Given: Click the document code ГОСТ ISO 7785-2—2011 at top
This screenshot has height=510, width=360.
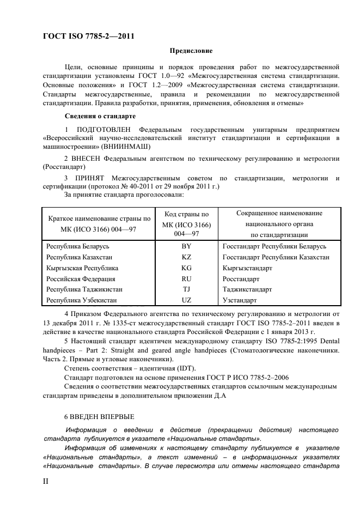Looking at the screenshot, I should (x=88, y=37).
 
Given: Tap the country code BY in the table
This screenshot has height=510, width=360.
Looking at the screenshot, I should (x=186, y=247).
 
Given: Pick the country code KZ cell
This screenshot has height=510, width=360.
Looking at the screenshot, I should (x=186, y=257).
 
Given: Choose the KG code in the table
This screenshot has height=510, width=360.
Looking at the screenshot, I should (x=186, y=268).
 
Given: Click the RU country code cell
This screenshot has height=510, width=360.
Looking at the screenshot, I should (x=186, y=278).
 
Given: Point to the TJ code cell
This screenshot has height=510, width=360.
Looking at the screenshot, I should (x=186, y=289).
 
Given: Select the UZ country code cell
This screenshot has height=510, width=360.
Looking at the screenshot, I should (x=186, y=300).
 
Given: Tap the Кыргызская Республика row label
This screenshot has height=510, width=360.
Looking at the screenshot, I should (x=82, y=268).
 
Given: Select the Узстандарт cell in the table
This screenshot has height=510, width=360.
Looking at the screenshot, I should (x=240, y=300).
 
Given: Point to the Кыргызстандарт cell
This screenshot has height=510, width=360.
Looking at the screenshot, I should (x=248, y=268).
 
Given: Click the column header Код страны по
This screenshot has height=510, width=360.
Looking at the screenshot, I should (x=186, y=215).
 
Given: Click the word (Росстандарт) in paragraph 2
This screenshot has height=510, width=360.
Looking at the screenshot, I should (x=64, y=167).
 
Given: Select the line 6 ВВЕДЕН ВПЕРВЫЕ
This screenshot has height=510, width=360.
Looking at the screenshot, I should (x=99, y=417).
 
